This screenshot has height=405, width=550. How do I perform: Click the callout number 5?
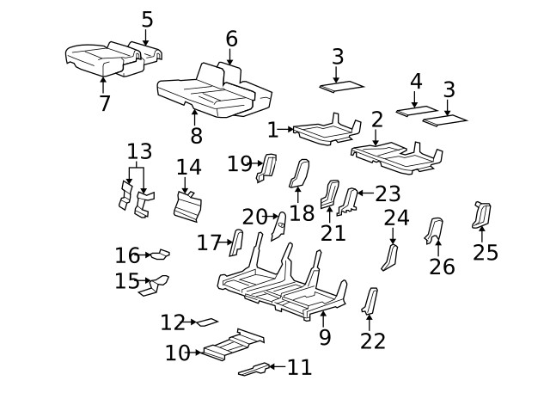point(147,19)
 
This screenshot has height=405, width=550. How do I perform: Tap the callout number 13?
point(139,152)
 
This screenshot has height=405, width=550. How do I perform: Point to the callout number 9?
point(324,336)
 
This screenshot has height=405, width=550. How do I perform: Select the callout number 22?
point(373,341)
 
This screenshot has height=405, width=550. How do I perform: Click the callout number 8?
point(196,134)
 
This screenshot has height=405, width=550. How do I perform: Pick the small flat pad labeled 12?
point(207,322)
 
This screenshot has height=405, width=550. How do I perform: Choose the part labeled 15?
point(156,284)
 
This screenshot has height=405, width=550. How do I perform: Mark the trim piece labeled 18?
point(301,172)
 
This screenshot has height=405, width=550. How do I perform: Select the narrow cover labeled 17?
point(235,243)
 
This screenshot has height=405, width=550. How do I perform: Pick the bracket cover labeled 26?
point(434,230)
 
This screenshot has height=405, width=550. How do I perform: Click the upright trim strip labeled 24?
point(391,255)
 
